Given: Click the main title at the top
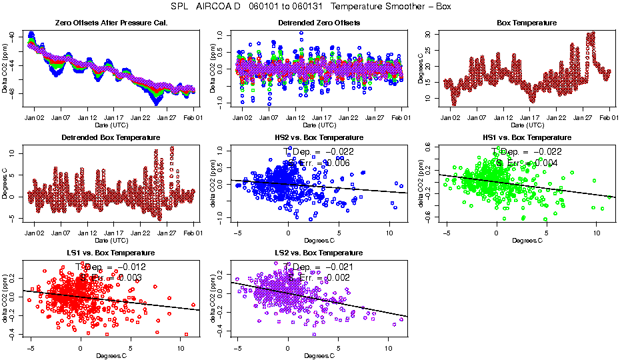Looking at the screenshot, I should [312, 6].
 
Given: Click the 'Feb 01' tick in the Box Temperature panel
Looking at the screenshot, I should [609, 117].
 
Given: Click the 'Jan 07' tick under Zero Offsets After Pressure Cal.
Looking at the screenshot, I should [61, 117].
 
